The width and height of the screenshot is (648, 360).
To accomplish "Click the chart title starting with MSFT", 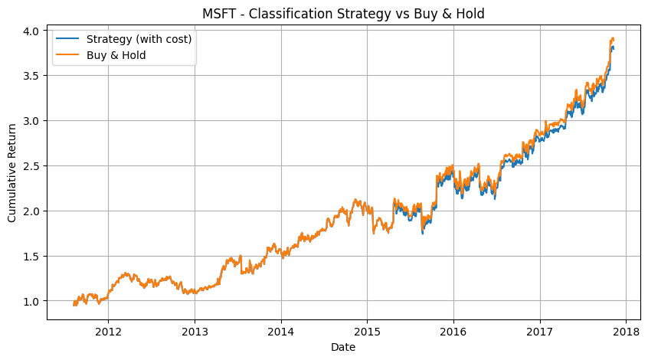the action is point(343,14).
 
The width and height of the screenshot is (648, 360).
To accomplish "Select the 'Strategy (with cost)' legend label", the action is point(139,39).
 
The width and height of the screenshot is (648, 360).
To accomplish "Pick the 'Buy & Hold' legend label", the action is point(116,55).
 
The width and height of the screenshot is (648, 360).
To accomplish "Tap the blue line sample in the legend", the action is point(67,39).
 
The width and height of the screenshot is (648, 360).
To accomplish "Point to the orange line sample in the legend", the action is point(67,55).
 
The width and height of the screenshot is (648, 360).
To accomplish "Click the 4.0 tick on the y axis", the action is point(32,31).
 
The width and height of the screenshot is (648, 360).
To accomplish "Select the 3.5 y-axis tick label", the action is point(32,76).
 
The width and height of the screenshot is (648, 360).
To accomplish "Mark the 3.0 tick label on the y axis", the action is point(32,121).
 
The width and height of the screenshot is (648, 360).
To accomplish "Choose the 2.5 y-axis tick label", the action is point(32,166).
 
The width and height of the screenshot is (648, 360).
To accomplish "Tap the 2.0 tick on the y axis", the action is point(32,211).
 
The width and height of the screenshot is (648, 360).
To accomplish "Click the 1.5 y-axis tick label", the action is point(32,257).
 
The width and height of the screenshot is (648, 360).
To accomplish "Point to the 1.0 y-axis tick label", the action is point(32,301).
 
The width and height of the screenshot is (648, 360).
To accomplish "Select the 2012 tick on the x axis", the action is point(108,332).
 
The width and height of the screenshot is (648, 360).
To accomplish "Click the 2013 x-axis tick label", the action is point(195,332).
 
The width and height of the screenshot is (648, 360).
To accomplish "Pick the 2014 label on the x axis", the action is point(281,332).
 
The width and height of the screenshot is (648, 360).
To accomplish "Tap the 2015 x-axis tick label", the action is point(367,332).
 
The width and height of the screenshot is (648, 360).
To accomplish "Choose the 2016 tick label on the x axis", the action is point(453,332).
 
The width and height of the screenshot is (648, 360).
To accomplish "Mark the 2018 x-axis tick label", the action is point(626,332).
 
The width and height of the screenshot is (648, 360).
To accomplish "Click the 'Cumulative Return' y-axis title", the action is point(11,173).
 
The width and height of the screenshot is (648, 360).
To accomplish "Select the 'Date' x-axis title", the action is point(343,347).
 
